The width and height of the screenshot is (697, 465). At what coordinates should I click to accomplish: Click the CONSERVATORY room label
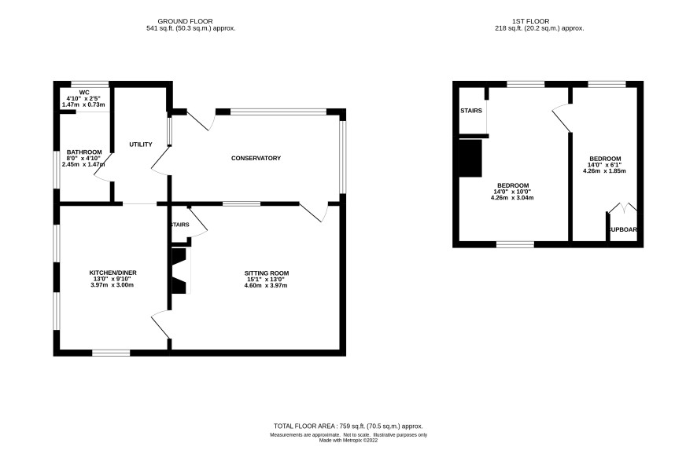[x=256, y=159]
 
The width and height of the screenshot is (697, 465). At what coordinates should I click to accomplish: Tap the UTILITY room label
[x=141, y=145]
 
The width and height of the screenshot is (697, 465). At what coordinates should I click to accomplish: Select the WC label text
[x=84, y=92]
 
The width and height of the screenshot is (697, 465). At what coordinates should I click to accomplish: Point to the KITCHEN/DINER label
[x=113, y=273]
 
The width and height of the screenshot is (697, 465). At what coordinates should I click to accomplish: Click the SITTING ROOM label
[x=267, y=273]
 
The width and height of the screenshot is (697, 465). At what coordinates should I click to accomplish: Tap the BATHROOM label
[x=84, y=152]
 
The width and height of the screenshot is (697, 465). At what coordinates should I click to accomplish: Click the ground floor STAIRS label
[x=180, y=225]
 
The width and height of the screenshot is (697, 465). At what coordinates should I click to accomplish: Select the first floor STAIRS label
[x=471, y=111]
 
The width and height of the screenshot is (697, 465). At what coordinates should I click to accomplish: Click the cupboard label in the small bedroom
[x=623, y=230]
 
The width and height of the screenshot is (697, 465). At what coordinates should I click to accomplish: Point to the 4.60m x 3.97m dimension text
[x=266, y=286]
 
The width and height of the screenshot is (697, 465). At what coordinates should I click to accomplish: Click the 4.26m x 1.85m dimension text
[x=604, y=170]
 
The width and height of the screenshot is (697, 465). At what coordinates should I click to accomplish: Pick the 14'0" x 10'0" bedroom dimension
[x=512, y=192]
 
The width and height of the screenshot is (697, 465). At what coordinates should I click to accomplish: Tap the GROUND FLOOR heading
[x=186, y=21]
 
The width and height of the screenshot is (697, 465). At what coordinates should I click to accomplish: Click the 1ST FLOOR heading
[x=531, y=21]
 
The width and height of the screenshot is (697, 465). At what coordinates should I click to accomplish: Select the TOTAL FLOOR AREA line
[x=348, y=426]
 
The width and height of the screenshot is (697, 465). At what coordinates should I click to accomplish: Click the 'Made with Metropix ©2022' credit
[x=348, y=441]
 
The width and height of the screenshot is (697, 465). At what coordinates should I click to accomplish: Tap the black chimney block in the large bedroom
[x=470, y=159]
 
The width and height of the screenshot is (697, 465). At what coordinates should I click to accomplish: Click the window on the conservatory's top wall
[x=278, y=112]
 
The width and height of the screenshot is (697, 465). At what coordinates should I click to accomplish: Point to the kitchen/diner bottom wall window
[x=111, y=353]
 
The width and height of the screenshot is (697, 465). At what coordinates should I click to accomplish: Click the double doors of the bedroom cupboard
[x=622, y=207]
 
